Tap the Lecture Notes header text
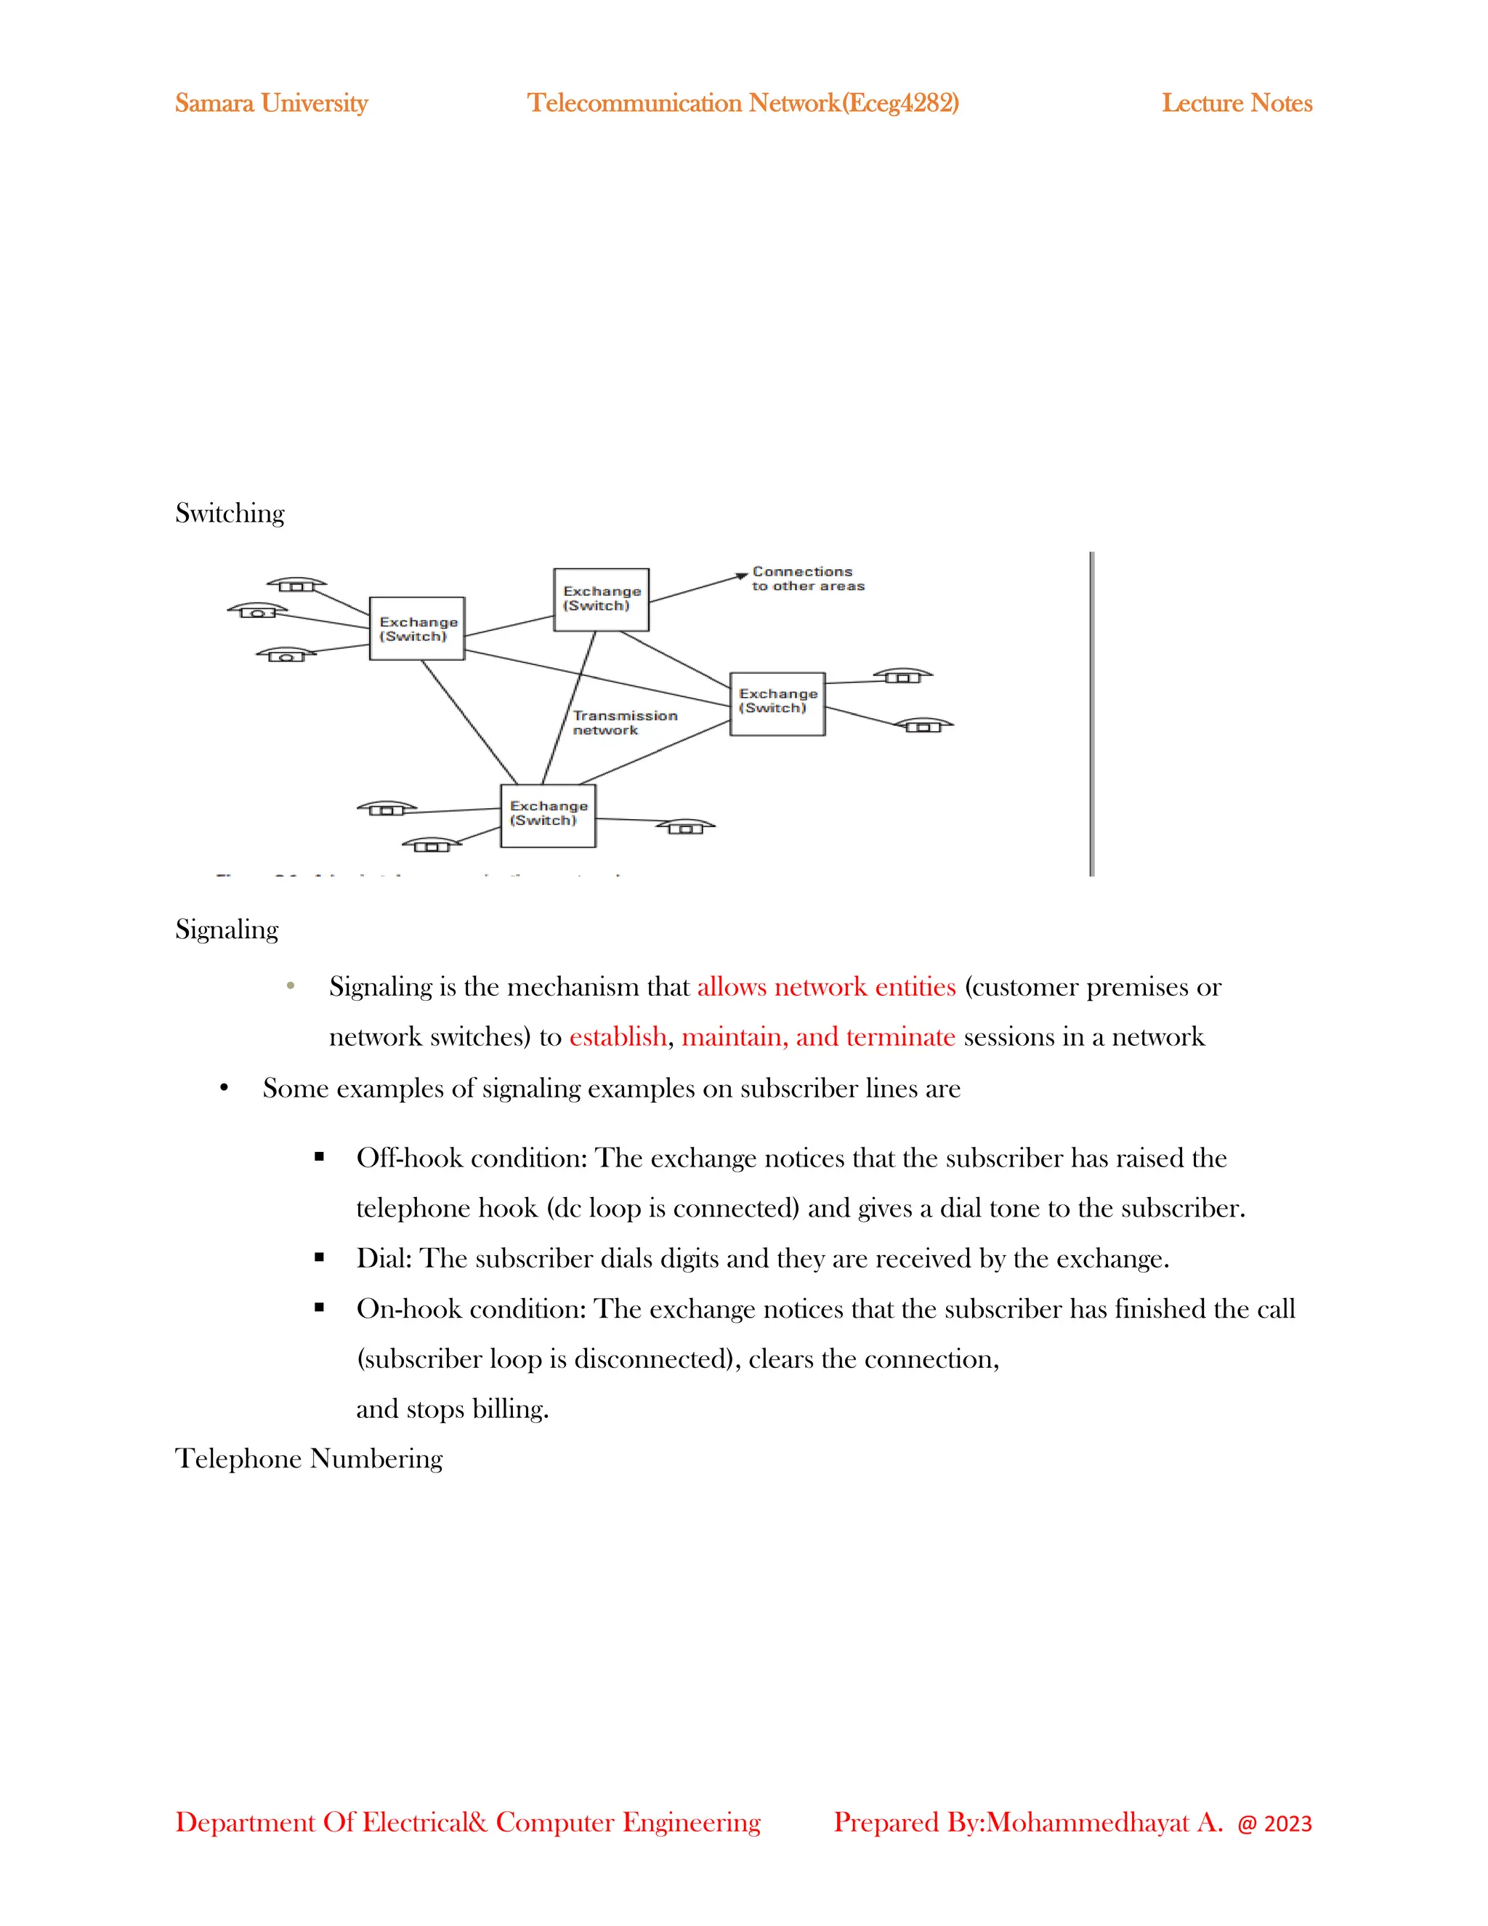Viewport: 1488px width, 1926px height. tap(1236, 103)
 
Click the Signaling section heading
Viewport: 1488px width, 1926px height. tap(227, 930)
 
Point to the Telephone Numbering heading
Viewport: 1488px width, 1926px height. tap(309, 1459)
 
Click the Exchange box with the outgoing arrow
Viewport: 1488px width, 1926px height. tap(601, 600)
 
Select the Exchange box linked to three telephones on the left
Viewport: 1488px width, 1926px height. tap(417, 629)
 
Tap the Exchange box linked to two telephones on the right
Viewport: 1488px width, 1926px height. tap(777, 704)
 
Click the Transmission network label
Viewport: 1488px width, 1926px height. tap(624, 723)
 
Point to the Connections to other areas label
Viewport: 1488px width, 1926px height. tap(807, 579)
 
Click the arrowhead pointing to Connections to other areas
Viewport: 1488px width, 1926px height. tap(743, 577)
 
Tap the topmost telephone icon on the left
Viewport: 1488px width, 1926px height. tap(297, 584)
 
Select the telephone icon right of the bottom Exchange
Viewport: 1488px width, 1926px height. tap(685, 826)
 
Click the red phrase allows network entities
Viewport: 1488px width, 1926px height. tap(826, 987)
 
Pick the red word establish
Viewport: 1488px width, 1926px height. tap(618, 1037)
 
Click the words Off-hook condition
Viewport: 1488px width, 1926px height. tap(471, 1158)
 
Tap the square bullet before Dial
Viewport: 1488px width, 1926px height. tap(319, 1257)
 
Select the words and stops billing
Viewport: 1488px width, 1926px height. tap(452, 1409)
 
